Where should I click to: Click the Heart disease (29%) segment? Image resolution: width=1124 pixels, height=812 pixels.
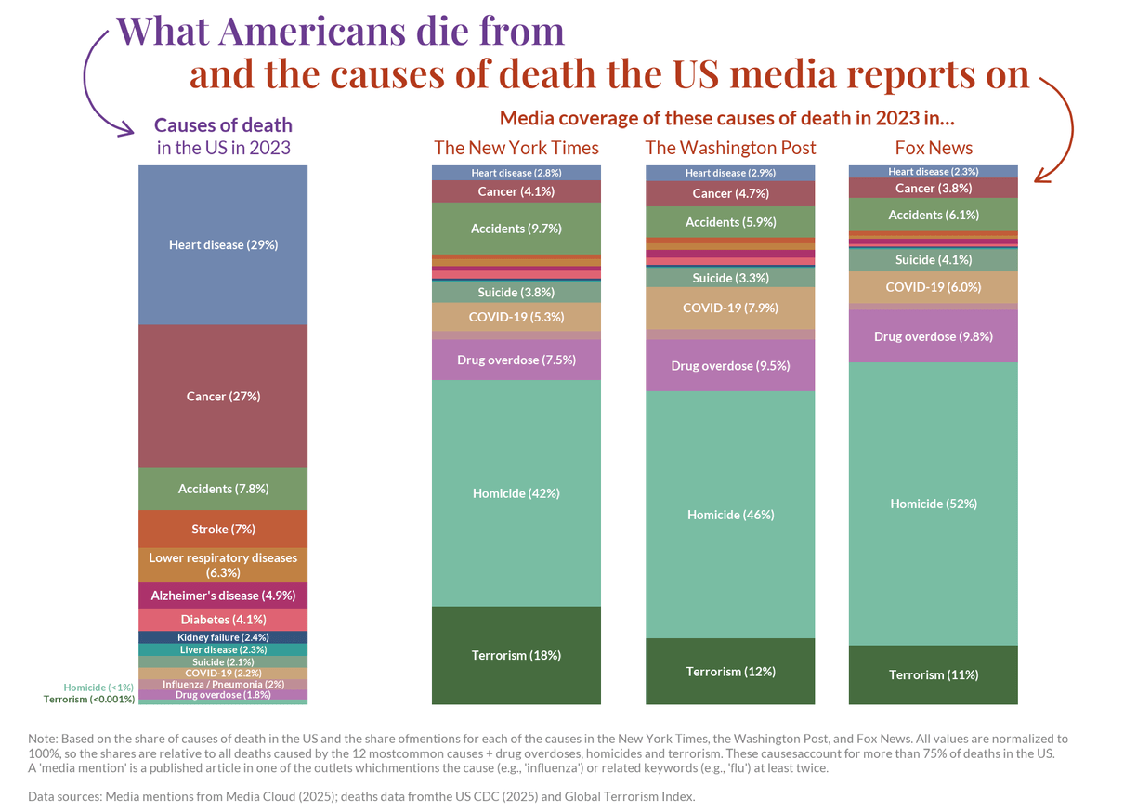click(223, 245)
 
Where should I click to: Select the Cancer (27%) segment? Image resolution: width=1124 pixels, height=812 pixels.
click(223, 397)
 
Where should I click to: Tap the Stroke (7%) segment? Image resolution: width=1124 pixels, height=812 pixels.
click(223, 530)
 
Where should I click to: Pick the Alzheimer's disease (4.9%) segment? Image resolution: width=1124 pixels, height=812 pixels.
click(223, 596)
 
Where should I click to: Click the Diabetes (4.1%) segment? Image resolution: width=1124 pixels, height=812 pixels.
click(223, 620)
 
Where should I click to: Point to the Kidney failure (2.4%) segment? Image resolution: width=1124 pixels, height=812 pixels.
click(223, 637)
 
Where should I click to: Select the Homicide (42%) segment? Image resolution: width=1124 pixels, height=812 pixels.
click(516, 493)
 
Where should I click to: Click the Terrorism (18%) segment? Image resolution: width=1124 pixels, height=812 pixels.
click(516, 655)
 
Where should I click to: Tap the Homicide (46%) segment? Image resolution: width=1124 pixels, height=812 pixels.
click(730, 515)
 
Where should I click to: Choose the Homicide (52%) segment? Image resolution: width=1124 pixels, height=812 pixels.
click(934, 504)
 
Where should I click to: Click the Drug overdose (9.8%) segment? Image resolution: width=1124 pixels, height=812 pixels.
click(934, 336)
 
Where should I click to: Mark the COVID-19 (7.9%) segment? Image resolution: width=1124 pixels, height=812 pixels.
click(730, 308)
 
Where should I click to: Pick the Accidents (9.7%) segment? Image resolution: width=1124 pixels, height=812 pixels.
click(516, 229)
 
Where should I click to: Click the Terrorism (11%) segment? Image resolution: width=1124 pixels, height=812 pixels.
click(934, 675)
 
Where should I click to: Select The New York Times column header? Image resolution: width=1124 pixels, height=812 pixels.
click(516, 148)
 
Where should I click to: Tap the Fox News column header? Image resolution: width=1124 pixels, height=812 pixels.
click(934, 148)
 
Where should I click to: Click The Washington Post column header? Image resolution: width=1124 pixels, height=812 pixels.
click(730, 148)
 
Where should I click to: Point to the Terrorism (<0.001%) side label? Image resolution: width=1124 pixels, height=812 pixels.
click(89, 700)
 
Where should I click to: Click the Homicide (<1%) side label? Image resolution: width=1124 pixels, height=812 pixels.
click(98, 688)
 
